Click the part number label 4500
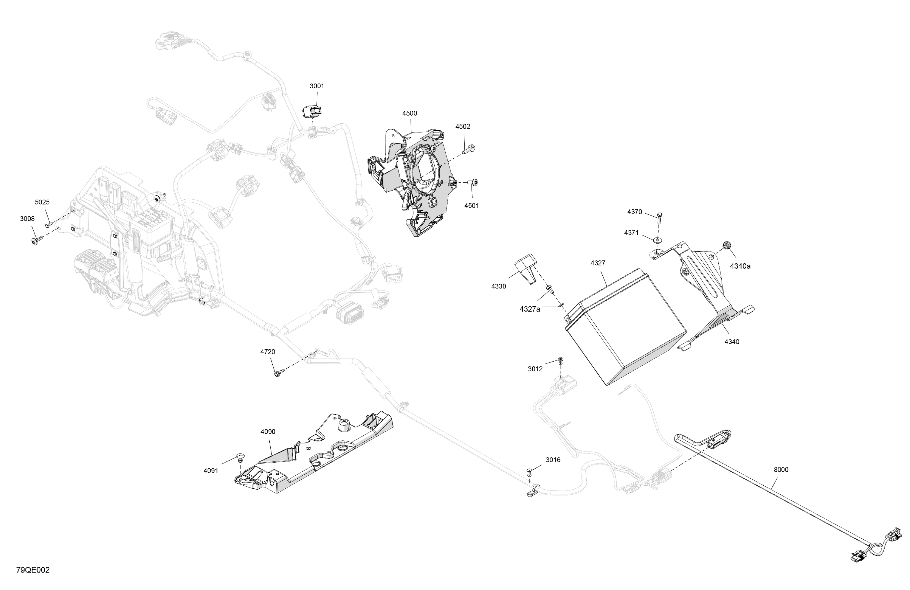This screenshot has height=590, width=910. [x=409, y=113]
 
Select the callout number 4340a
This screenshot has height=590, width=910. [x=740, y=266]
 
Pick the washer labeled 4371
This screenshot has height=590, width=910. [x=657, y=240]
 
